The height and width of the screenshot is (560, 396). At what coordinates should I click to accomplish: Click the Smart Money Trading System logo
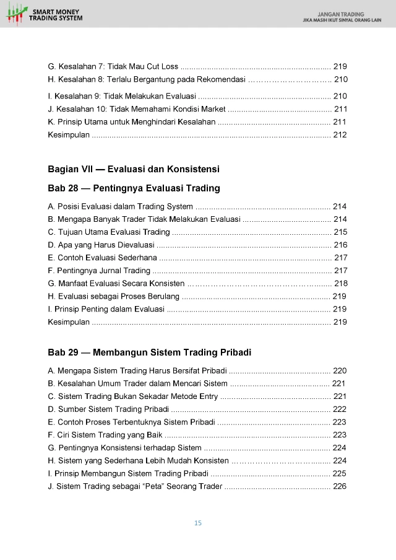click(x=46, y=14)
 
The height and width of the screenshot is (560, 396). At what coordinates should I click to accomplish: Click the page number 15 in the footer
click(x=198, y=523)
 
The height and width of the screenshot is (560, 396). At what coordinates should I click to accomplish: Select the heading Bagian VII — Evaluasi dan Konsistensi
click(x=134, y=169)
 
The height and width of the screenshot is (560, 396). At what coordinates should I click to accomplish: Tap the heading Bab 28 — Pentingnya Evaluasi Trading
click(x=134, y=188)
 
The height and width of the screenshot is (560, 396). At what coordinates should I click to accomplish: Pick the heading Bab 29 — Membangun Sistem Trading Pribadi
click(x=149, y=352)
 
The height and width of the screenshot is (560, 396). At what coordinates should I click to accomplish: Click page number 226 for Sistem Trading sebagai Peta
click(x=340, y=486)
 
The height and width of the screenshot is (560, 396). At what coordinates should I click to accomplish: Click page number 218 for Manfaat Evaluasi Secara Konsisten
click(x=340, y=283)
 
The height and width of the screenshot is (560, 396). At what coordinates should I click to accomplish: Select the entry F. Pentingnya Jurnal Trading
click(x=99, y=270)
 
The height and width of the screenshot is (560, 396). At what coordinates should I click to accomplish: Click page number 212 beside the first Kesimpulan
click(x=340, y=135)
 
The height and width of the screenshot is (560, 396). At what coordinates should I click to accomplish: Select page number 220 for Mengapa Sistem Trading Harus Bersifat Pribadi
click(x=340, y=370)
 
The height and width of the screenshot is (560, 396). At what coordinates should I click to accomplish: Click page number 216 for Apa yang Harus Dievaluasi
click(x=340, y=245)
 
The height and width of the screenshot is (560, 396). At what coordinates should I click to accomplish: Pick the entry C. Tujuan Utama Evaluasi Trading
click(x=109, y=232)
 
